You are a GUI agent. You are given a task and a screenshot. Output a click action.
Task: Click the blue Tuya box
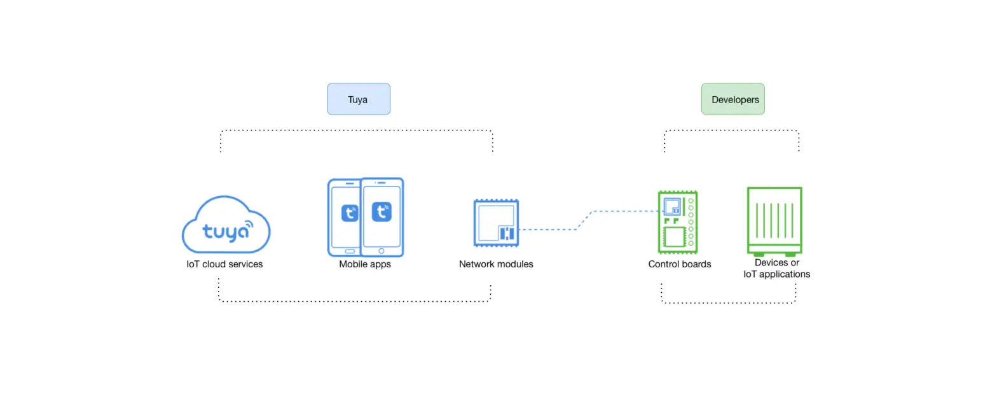click(358, 99)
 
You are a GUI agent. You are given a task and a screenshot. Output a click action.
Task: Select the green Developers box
click(732, 99)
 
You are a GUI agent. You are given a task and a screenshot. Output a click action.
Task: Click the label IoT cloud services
click(224, 264)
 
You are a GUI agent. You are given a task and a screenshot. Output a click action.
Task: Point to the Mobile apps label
click(365, 264)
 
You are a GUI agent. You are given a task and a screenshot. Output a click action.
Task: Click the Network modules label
click(496, 264)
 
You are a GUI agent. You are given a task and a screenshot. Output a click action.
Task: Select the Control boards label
click(680, 264)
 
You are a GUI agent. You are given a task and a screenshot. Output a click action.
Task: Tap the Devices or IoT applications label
click(776, 269)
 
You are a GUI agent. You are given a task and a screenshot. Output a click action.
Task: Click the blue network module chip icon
click(496, 223)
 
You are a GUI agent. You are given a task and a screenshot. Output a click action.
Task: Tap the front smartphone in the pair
click(382, 217)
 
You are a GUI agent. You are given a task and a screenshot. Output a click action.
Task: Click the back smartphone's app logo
click(349, 213)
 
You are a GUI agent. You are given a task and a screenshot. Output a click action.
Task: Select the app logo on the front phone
click(382, 211)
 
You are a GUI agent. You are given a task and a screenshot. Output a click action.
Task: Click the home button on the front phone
click(382, 251)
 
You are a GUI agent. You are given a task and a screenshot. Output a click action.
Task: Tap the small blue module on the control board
click(672, 207)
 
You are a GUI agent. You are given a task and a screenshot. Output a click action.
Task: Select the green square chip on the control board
click(672, 237)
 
